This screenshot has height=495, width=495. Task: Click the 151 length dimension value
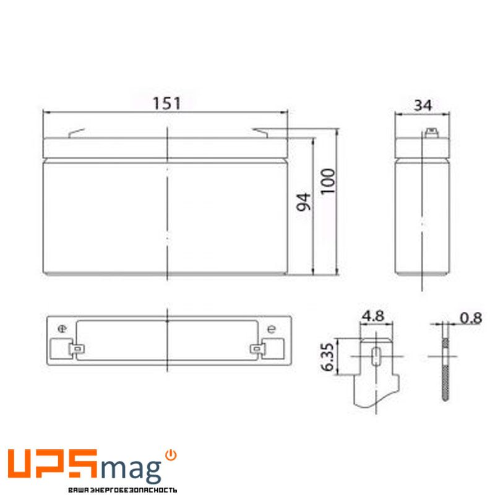pos(166,103)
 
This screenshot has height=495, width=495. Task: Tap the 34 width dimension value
pos(423,105)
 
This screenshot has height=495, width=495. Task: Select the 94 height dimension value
pos(303,202)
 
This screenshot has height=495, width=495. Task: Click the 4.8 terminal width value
pos(373,316)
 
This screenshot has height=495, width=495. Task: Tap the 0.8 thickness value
pos(470,318)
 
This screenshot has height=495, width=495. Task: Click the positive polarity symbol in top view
pos(62,329)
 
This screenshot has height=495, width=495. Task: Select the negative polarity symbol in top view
pos(271,329)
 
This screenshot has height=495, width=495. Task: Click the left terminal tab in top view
pos(77,349)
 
